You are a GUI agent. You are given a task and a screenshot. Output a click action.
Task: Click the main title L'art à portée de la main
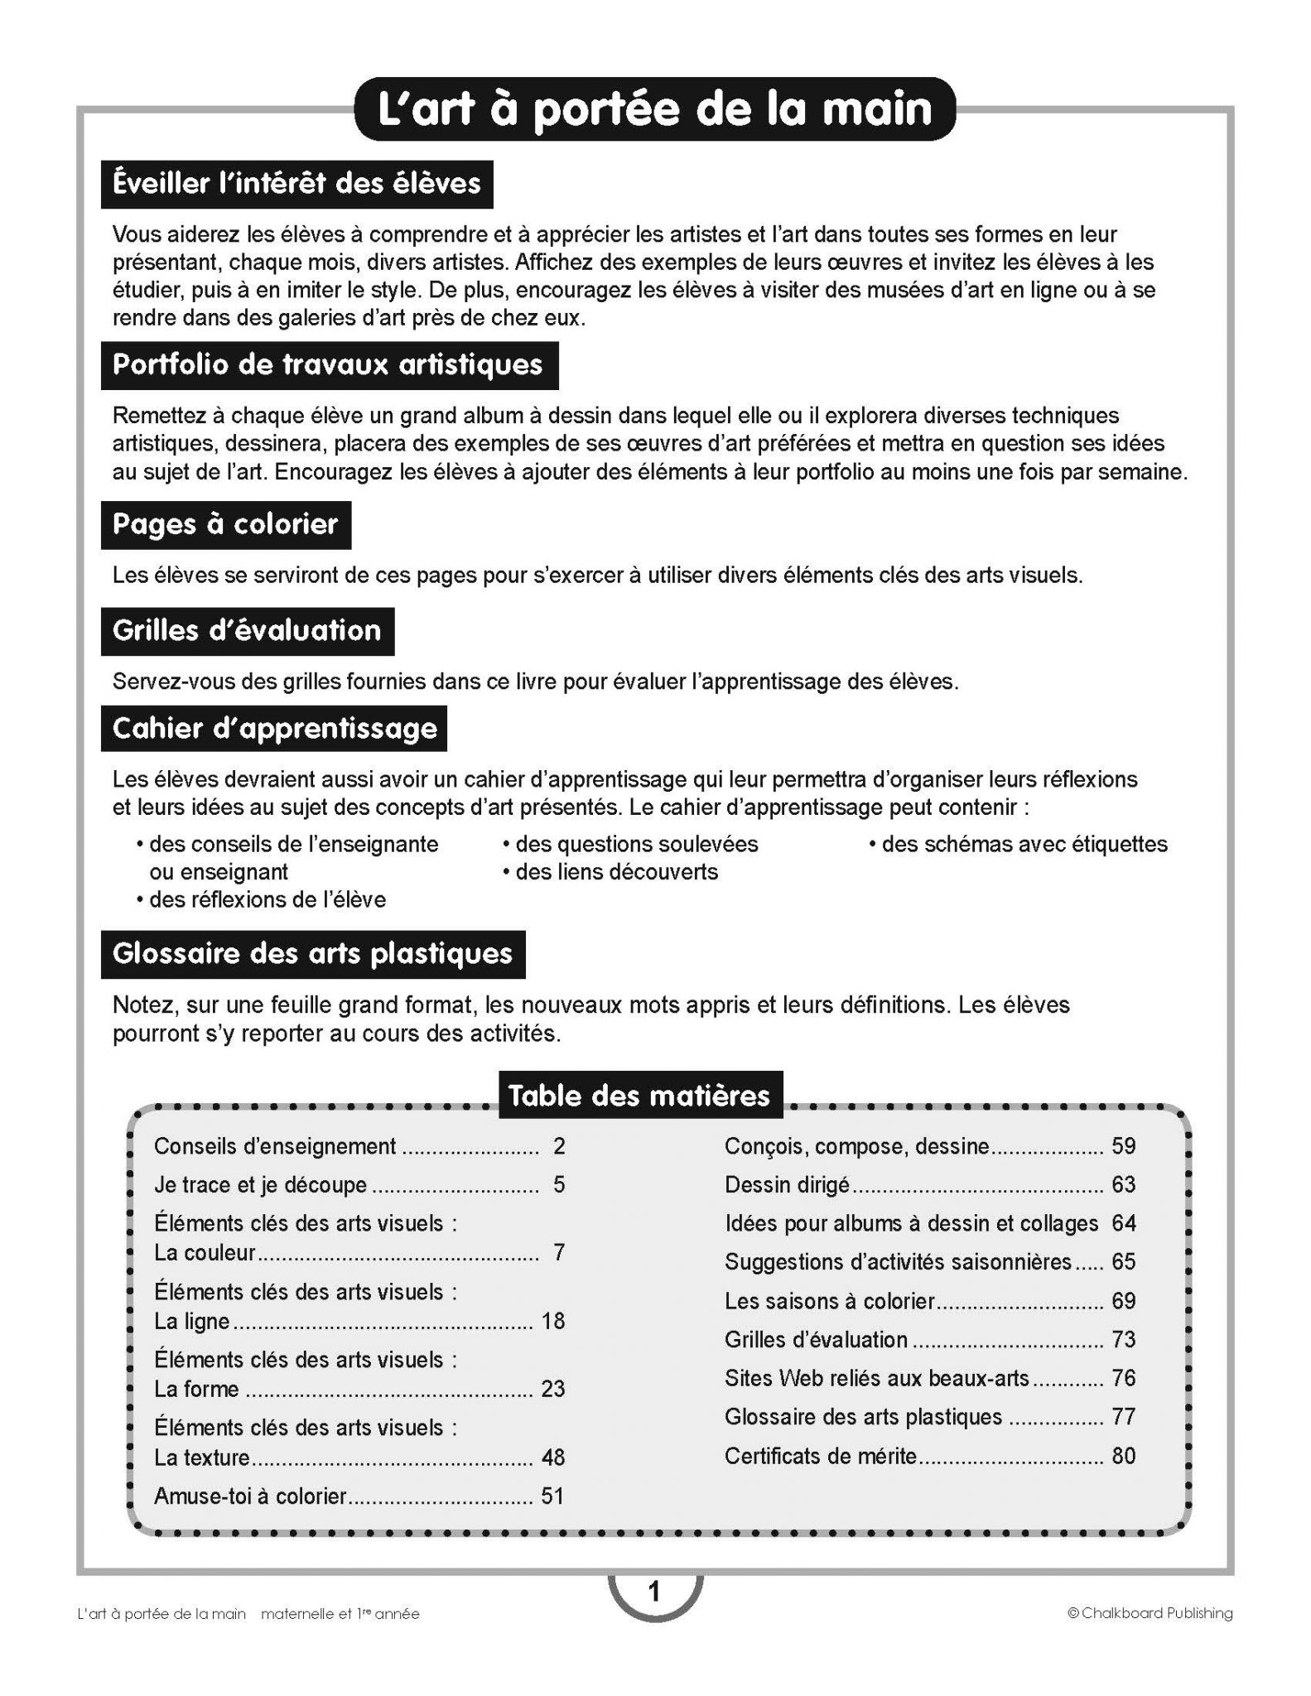(x=654, y=109)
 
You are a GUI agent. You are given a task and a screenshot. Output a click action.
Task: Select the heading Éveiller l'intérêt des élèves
(x=296, y=183)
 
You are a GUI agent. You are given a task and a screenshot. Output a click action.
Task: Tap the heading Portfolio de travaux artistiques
(x=329, y=365)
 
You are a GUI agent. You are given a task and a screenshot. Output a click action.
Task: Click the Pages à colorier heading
(x=225, y=524)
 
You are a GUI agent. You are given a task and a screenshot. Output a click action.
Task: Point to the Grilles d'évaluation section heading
(x=247, y=631)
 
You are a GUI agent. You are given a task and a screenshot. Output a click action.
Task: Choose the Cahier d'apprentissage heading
(x=274, y=729)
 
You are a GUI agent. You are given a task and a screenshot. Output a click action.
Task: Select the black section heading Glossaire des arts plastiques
(x=313, y=954)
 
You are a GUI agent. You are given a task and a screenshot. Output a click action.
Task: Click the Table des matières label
(x=639, y=1096)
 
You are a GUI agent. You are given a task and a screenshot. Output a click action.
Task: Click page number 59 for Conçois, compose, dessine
(x=1123, y=1146)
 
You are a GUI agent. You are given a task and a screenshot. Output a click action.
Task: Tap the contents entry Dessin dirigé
(x=787, y=1185)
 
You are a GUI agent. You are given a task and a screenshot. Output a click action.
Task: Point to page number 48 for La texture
(x=552, y=1457)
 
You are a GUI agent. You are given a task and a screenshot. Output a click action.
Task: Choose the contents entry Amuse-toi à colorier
(x=250, y=1496)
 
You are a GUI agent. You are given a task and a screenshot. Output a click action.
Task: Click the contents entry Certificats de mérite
(x=821, y=1456)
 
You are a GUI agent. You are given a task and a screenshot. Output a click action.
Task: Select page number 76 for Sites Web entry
(x=1123, y=1378)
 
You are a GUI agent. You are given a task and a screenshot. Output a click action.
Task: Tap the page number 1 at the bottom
(x=654, y=1592)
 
